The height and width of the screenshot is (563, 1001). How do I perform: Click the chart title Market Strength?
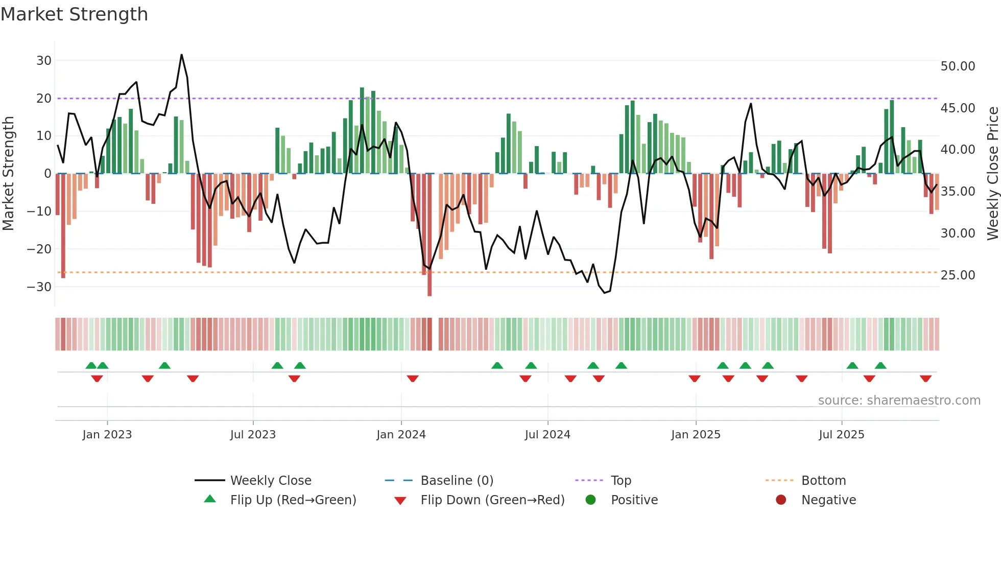coord(75,14)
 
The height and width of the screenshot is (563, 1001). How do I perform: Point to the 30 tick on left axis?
coord(44,61)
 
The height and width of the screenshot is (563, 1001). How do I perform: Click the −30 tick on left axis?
coord(40,287)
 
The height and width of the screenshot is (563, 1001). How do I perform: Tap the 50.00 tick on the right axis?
coord(958,66)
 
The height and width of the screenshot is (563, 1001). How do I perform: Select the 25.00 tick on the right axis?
coord(958,275)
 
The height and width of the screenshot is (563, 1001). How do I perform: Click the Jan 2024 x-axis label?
coord(401,435)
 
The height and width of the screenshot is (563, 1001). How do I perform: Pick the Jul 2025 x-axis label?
coord(841,435)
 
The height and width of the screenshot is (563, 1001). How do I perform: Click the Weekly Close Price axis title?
coord(992,174)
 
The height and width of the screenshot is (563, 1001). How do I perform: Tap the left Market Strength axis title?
coord(9,174)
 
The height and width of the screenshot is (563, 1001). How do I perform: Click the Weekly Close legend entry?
coord(271,481)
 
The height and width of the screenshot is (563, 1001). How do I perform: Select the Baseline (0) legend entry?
coord(457,481)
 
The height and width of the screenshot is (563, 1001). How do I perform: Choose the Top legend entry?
coord(621,481)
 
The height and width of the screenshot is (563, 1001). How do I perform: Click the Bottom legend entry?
coord(823,481)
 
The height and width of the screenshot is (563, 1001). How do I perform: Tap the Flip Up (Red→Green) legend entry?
coord(293,500)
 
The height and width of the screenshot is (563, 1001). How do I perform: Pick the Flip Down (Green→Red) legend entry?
coord(492,500)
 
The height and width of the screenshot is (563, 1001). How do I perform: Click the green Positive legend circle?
coord(591,500)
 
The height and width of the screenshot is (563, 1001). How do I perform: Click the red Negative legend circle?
coord(781,500)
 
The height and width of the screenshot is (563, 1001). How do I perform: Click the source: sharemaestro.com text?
coord(899,401)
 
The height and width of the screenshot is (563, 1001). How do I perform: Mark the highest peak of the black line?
coord(181,55)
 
